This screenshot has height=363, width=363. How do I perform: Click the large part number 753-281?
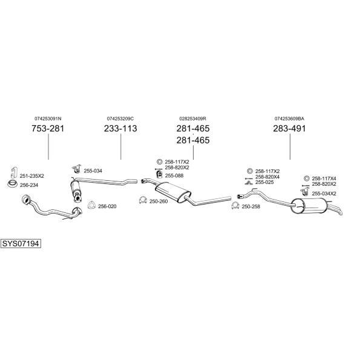click(x=48, y=128)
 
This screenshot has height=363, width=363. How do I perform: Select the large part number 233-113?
click(x=120, y=128)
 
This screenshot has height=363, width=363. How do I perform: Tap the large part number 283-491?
click(x=289, y=128)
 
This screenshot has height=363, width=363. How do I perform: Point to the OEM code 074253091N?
click(x=48, y=119)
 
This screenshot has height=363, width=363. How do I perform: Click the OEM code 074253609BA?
click(x=289, y=119)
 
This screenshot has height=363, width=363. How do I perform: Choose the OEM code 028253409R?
click(x=192, y=119)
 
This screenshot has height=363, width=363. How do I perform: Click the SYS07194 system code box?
click(x=21, y=244)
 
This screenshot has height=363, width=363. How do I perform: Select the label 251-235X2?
click(x=31, y=176)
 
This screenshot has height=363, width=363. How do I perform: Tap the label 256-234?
click(x=29, y=185)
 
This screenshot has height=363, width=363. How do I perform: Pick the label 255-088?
click(x=174, y=175)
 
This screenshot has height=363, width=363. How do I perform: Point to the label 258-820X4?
click(x=267, y=177)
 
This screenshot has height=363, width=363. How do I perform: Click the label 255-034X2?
click(x=324, y=194)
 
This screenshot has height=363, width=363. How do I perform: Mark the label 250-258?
click(x=250, y=206)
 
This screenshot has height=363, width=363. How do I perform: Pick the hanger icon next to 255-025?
click(x=249, y=183)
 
